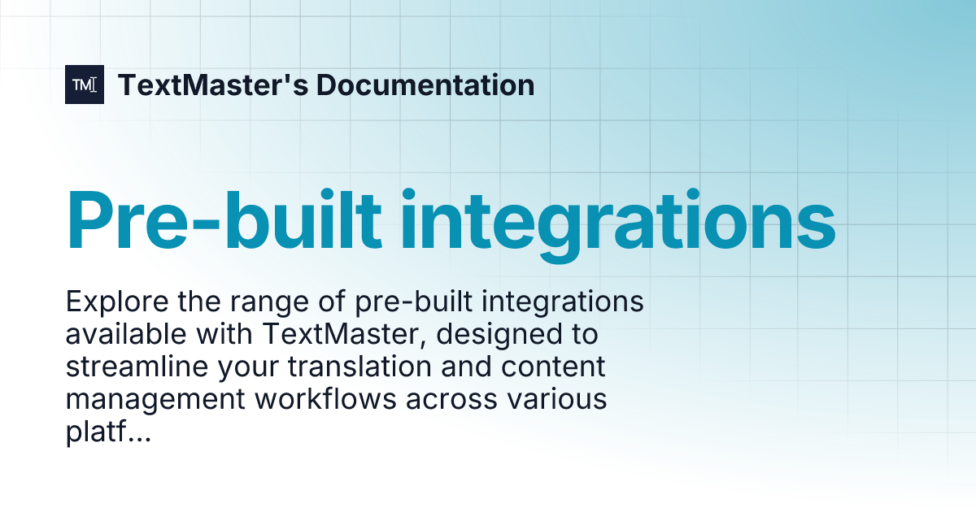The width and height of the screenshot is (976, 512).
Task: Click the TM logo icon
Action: point(85,85)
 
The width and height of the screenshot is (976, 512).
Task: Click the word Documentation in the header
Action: point(425,85)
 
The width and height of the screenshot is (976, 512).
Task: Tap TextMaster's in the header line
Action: point(212,85)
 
